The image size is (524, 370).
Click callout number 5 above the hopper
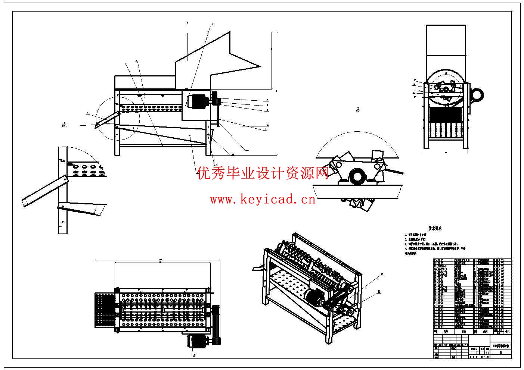[187, 23]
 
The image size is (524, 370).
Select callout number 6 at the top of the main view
[212, 25]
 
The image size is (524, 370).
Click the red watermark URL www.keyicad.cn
[263, 200]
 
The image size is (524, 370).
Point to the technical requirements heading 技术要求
[435, 228]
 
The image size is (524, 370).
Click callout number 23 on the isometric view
[382, 275]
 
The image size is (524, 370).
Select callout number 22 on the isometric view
[379, 291]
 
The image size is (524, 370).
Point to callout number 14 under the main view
[216, 164]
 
